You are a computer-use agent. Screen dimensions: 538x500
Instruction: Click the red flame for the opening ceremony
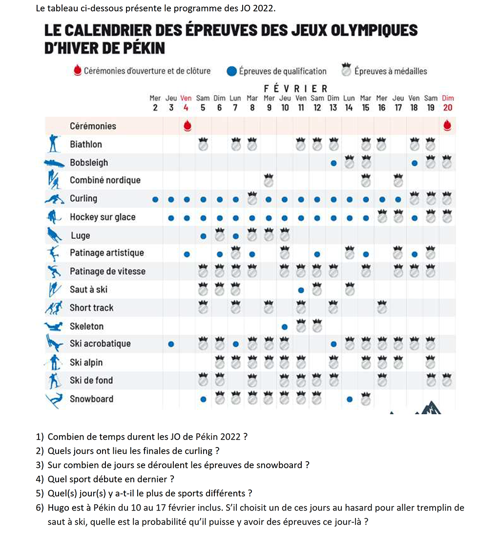click(x=187, y=126)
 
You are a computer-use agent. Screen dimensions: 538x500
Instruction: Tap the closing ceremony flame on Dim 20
click(x=447, y=126)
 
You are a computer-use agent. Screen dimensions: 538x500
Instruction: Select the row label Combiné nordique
click(x=105, y=180)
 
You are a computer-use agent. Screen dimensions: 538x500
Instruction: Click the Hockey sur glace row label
click(x=103, y=217)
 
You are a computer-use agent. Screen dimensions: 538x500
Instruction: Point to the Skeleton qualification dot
click(x=285, y=326)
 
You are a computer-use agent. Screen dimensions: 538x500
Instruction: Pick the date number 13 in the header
click(x=333, y=108)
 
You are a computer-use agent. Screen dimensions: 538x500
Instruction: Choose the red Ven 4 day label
click(x=186, y=103)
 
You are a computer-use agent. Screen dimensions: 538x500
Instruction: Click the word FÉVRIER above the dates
click(x=295, y=89)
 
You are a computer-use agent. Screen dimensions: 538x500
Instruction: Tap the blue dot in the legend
click(x=232, y=71)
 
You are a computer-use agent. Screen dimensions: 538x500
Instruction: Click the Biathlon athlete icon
click(x=55, y=144)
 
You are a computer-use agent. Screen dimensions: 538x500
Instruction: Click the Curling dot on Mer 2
click(x=155, y=200)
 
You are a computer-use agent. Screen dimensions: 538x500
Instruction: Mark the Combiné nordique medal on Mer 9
click(x=268, y=180)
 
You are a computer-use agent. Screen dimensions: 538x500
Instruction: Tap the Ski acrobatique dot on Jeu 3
click(x=171, y=344)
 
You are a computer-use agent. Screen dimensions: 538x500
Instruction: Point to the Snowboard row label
click(x=91, y=399)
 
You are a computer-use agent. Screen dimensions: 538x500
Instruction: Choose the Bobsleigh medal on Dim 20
click(x=447, y=163)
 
